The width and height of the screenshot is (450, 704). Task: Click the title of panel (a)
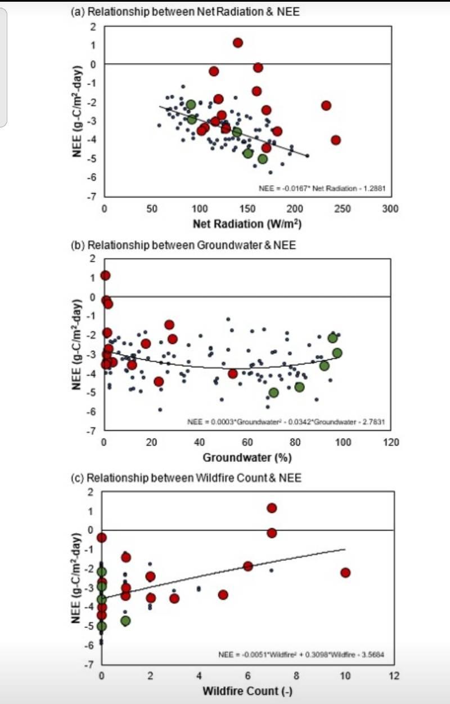185,12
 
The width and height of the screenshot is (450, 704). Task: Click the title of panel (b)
183,245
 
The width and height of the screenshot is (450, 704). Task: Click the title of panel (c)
186,478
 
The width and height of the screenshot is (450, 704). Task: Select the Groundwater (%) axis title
247,457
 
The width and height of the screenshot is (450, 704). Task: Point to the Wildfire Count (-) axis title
247,690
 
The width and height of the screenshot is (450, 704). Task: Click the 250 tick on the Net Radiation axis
342,209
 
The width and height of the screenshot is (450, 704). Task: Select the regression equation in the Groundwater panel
285,421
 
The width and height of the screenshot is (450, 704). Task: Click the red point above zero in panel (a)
237,43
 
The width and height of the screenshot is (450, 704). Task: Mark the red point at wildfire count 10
345,573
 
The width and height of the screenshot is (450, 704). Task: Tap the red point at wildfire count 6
248,566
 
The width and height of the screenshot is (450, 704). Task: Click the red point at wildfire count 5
223,595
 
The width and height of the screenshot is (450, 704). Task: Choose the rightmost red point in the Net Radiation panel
336,140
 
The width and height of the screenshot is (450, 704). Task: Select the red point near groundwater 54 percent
233,373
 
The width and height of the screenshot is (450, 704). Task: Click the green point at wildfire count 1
125,621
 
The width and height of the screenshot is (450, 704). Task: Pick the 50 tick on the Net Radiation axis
152,209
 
